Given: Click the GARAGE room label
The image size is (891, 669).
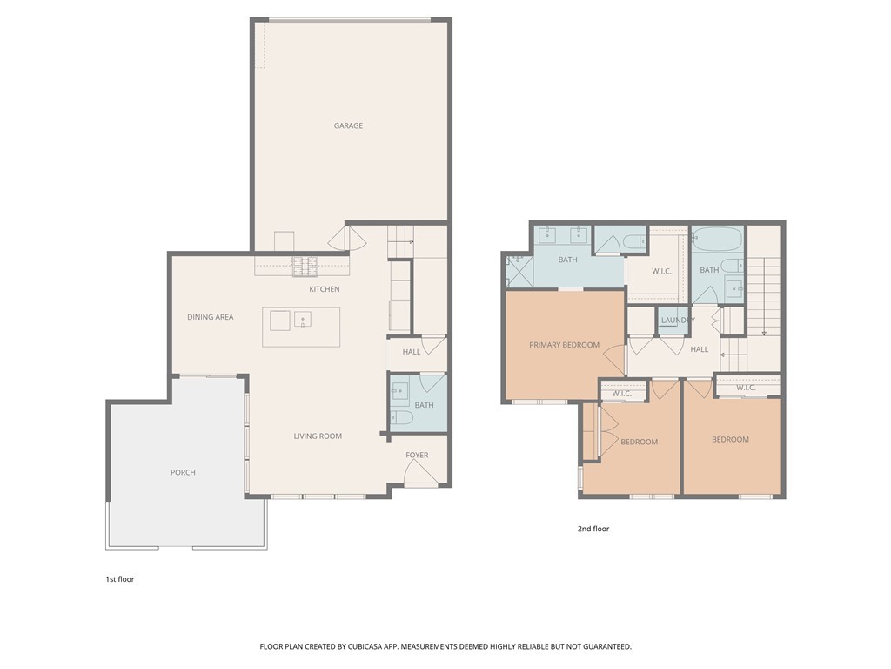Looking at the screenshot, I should tap(348, 125).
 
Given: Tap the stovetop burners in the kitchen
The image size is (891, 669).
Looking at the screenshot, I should tap(305, 264).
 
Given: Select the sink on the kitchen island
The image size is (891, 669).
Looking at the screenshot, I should tap(302, 319).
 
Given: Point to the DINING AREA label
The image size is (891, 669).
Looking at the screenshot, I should tap(211, 317).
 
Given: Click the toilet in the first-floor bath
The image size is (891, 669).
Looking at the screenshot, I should tap(402, 418).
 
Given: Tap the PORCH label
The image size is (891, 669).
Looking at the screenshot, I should tap(183, 472).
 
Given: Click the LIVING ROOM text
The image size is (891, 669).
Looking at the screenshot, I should tap(318, 436).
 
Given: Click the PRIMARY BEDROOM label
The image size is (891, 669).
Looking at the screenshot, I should tap(564, 345).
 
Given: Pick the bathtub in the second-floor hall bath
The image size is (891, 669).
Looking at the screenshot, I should tap(717, 238).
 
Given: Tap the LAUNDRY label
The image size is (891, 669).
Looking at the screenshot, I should tap(678, 321).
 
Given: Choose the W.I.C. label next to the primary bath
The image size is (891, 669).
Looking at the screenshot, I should tap(661, 271).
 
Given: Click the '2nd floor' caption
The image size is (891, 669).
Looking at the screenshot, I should tap(593, 529).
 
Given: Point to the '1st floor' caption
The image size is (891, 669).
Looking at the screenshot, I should tap(119, 579).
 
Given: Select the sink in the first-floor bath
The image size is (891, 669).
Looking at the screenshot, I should tap(401, 391).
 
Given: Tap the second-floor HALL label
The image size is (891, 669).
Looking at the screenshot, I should tap(699, 349).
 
